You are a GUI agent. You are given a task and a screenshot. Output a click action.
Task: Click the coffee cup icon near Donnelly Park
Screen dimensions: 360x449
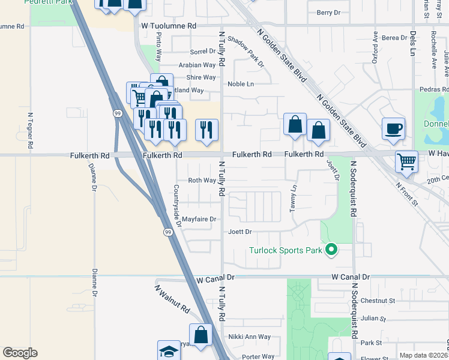[x=393, y=128]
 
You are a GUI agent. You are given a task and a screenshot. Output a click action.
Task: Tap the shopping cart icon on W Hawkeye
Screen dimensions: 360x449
[x=406, y=161]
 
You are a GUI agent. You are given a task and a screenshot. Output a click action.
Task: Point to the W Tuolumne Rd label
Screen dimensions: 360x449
[x=169, y=26]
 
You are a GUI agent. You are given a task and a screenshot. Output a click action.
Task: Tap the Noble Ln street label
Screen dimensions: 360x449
[x=240, y=84]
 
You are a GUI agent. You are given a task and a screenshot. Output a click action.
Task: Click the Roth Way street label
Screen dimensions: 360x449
[x=202, y=180]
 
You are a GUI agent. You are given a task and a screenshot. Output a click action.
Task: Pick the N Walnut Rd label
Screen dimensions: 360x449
[x=172, y=299]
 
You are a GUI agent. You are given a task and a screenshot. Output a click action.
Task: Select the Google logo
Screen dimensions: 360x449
[x=20, y=353]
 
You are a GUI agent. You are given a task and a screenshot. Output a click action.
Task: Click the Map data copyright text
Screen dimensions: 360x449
[x=423, y=355]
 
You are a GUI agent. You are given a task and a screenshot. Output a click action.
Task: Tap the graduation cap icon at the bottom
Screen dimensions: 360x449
[x=169, y=350]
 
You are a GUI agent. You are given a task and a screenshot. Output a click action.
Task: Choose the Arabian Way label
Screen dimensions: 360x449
[x=197, y=65]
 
